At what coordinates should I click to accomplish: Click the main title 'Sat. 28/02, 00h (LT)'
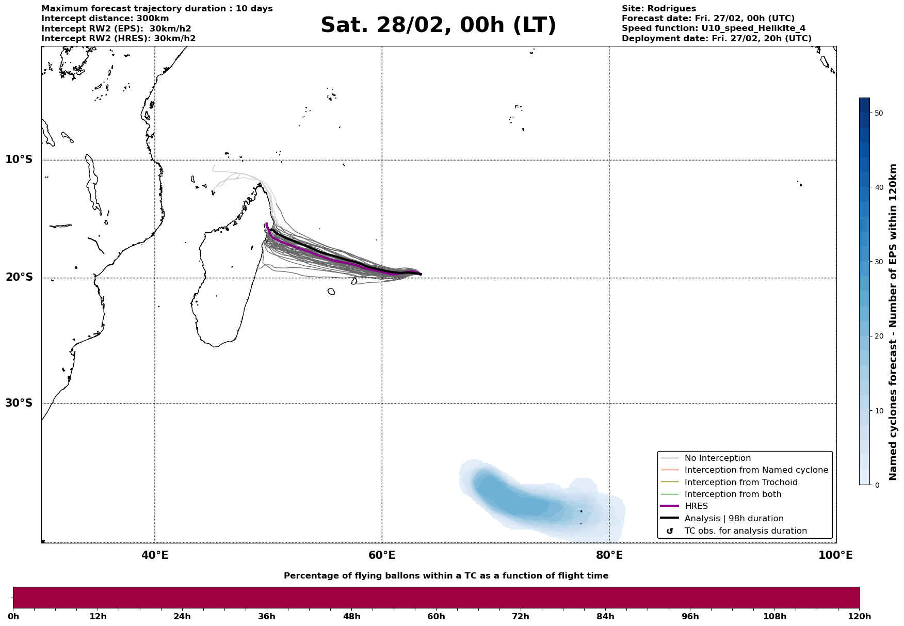438,25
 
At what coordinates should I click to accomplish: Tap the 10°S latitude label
19,159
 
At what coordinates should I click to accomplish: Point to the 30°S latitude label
19,403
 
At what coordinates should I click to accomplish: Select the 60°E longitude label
382,556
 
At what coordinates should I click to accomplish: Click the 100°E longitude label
835,556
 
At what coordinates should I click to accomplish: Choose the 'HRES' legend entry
696,506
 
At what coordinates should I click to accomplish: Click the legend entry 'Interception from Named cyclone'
756,470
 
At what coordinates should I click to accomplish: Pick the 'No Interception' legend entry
717,458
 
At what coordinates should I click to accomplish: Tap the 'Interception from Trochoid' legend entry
740,483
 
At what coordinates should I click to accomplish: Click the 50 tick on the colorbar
879,113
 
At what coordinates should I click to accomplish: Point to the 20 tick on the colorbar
879,336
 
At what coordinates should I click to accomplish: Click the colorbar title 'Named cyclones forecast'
894,322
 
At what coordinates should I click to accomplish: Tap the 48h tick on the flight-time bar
351,617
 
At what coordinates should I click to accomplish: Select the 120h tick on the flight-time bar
859,617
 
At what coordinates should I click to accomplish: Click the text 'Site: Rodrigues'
658,9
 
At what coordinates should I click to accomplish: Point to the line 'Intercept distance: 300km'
105,19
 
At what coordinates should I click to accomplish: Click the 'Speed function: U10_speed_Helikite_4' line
713,28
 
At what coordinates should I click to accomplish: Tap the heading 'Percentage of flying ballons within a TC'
446,576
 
